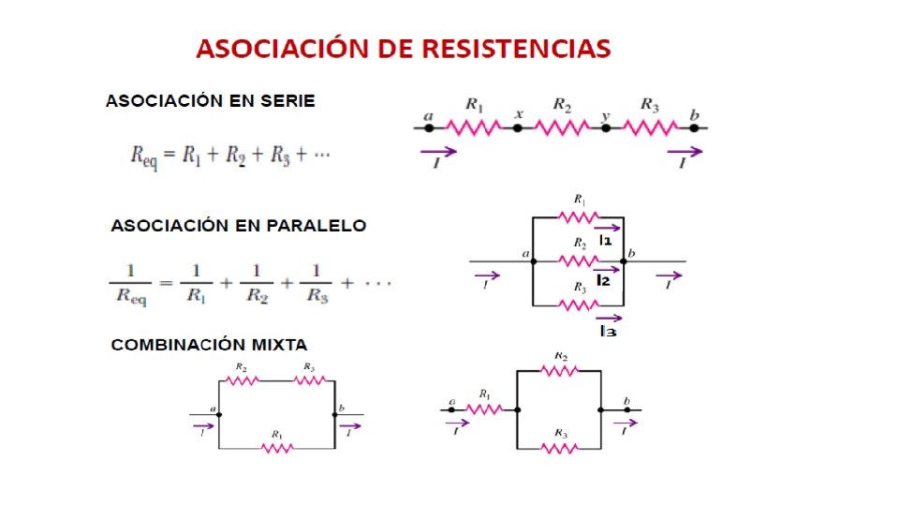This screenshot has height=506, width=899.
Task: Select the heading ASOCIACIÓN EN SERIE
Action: point(210,100)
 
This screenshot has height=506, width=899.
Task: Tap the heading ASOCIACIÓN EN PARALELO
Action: point(239,226)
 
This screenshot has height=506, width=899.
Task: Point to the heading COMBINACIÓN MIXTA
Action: point(209,345)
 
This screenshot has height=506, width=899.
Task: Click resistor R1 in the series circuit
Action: point(474,127)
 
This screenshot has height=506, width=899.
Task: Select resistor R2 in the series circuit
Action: point(562,127)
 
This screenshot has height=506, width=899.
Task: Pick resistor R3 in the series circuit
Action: point(650,127)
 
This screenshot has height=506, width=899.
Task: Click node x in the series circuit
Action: point(518,127)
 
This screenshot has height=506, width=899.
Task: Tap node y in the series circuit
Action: point(606,127)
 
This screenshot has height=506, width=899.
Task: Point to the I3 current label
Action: point(607,331)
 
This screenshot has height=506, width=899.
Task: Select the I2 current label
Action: point(604,281)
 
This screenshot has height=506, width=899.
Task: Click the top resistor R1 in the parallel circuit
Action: point(578,216)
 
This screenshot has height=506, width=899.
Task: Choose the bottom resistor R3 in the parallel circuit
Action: point(578,305)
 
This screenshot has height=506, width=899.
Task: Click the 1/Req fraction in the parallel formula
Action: point(132,282)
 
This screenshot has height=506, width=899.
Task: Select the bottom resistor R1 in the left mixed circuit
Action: point(276,449)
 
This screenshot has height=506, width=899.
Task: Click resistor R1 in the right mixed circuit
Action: point(485,409)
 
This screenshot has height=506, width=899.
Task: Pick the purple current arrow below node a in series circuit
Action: point(438,151)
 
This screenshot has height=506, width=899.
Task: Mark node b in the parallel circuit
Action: point(624,261)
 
